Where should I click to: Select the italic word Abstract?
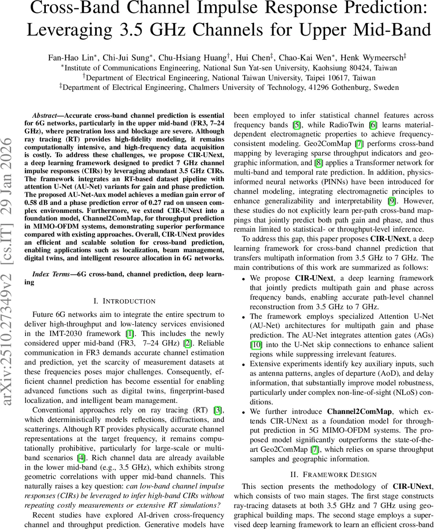point(47,114)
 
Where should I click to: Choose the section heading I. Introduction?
point(125,302)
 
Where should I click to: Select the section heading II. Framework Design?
point(333,475)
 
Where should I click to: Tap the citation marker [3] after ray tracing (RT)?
point(217,411)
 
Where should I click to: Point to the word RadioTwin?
point(346,124)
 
